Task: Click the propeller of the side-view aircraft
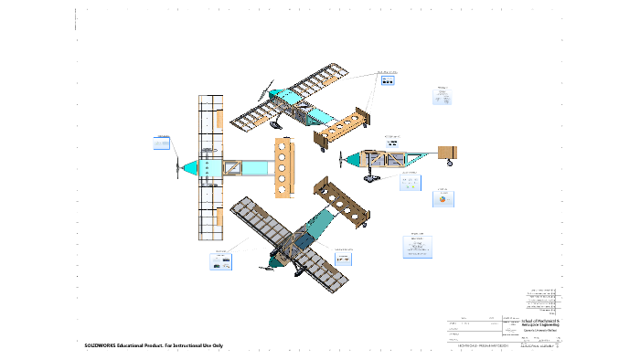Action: [x=341, y=159]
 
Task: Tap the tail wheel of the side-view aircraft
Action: [x=450, y=164]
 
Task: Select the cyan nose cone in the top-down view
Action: [x=190, y=168]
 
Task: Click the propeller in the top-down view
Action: [x=177, y=167]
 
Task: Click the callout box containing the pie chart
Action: [x=444, y=197]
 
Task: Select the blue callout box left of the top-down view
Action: [x=161, y=143]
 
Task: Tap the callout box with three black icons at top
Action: [x=388, y=79]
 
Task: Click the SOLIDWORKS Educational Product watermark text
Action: [x=154, y=346]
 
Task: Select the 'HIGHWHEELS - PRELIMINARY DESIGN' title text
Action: [x=482, y=346]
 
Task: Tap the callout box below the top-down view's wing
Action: [x=220, y=262]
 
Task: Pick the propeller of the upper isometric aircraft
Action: [x=267, y=90]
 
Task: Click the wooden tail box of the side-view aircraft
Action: [x=448, y=152]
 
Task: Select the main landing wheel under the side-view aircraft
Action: [x=371, y=176]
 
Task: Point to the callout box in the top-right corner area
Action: [x=441, y=97]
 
